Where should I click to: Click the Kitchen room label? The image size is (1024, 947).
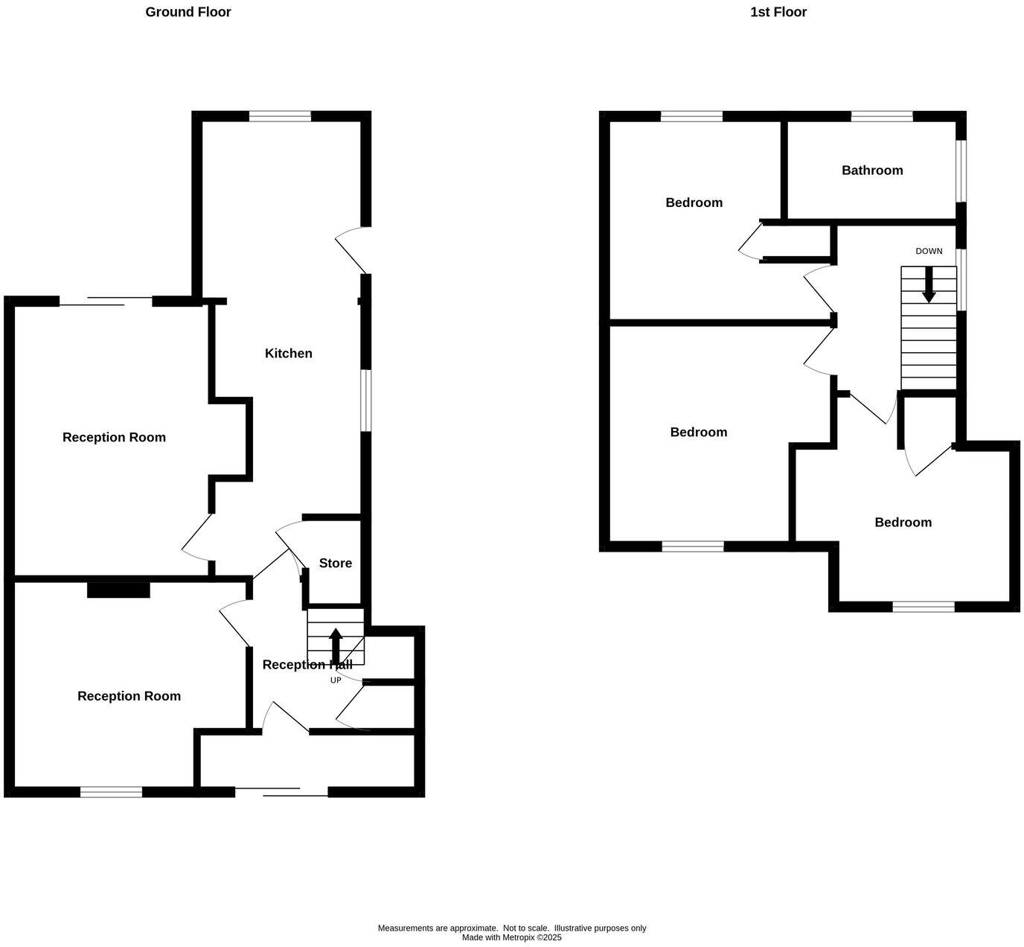click(288, 353)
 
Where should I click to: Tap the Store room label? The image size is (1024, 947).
click(335, 563)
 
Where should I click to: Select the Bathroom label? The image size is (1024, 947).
click(871, 170)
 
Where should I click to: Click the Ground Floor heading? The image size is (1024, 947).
click(188, 12)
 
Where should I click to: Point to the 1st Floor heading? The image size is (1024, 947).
click(778, 12)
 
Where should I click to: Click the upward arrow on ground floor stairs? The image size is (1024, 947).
click(336, 645)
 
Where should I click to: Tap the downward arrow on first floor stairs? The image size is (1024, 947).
click(928, 284)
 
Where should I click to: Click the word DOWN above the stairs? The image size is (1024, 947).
click(928, 251)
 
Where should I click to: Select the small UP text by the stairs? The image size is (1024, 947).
click(336, 680)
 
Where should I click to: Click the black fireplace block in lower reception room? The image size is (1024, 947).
click(118, 589)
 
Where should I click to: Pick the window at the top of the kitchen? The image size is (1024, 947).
click(280, 115)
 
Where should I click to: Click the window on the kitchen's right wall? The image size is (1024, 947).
click(365, 400)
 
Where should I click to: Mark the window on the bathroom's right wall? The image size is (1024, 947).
click(961, 170)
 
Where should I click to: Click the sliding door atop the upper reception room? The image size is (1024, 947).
click(106, 301)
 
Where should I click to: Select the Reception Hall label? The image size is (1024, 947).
click(307, 664)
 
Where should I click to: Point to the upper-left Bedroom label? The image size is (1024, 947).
click(694, 202)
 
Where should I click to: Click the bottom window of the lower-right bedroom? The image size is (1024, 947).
click(923, 607)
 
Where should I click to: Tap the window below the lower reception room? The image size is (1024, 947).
click(111, 792)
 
